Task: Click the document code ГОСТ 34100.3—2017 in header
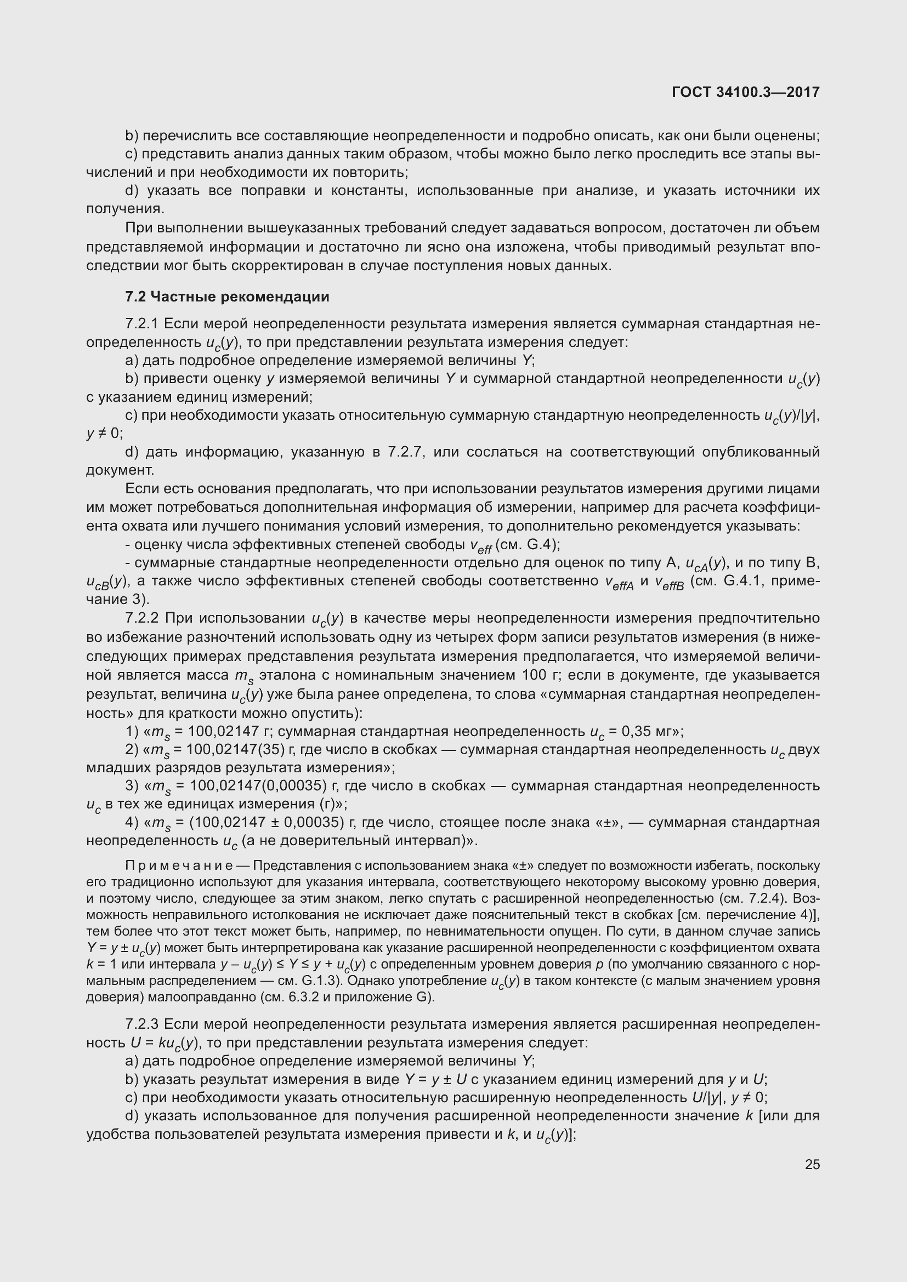[745, 93]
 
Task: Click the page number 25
[812, 1164]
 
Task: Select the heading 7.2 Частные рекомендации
[227, 297]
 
